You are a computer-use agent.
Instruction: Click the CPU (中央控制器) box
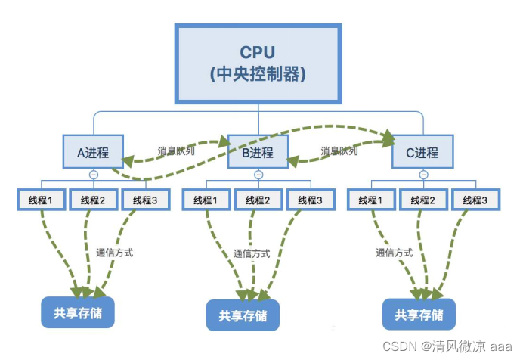[x=258, y=64]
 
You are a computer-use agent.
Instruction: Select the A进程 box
[x=93, y=152]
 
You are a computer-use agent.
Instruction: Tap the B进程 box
[x=258, y=152]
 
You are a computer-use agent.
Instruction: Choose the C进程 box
[x=422, y=152]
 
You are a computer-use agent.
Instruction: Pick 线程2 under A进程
[x=93, y=200]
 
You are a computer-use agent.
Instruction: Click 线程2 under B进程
[x=258, y=200]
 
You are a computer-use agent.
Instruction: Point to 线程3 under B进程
[x=311, y=200]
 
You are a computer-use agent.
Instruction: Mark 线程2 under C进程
[x=422, y=200]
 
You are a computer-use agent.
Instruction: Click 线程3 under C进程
[x=475, y=200]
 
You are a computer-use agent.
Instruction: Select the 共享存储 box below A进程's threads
[x=78, y=312]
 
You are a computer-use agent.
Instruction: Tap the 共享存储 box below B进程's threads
[x=243, y=315]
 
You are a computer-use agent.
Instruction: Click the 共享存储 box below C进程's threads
[x=419, y=314]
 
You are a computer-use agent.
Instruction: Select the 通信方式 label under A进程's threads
[x=115, y=253]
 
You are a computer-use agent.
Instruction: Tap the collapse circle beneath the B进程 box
[x=258, y=174]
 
